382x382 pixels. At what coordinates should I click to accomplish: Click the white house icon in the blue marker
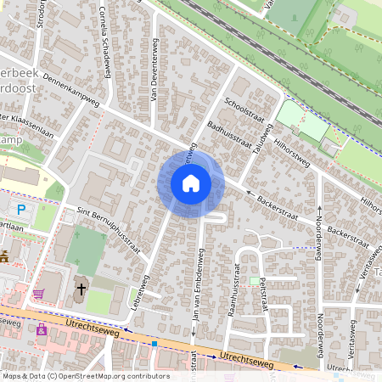(191, 183)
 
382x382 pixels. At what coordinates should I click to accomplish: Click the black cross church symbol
(81, 289)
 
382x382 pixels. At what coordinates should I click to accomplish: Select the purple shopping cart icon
(38, 294)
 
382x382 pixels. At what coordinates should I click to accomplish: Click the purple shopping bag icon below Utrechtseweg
(41, 329)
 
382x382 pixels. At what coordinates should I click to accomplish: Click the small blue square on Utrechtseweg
(154, 344)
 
